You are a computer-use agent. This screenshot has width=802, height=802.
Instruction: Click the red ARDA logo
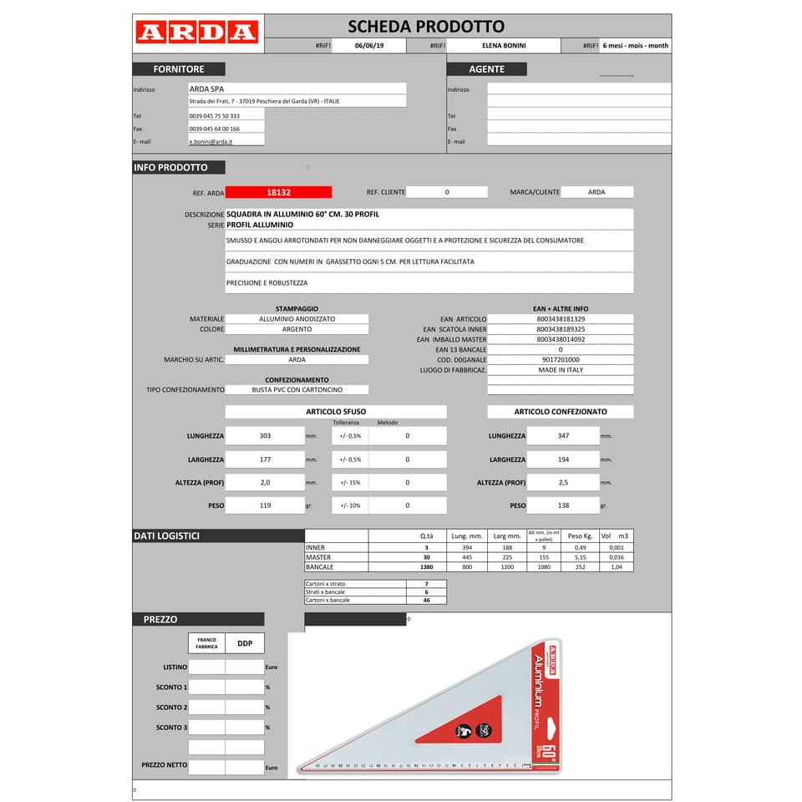(x=196, y=33)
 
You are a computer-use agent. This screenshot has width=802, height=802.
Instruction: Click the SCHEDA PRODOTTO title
(x=425, y=27)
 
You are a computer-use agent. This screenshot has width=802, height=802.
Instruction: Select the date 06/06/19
(x=368, y=46)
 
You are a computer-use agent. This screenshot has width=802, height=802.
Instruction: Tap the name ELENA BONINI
(x=504, y=46)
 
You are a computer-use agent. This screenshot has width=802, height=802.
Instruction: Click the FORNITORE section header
(x=178, y=69)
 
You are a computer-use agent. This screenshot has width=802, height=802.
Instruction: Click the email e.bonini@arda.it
(x=211, y=142)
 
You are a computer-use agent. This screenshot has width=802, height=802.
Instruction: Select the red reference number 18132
(x=278, y=192)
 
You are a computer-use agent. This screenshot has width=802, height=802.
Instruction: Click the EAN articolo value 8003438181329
(x=560, y=319)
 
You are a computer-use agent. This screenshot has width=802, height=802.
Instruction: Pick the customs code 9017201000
(x=560, y=359)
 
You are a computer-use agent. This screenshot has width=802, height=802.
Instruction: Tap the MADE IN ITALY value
(x=560, y=369)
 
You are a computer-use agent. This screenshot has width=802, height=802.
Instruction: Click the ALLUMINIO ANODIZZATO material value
(x=297, y=319)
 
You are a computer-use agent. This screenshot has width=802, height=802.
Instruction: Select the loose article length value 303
(x=265, y=436)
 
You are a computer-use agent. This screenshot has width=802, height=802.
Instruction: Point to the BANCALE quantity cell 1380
(x=426, y=567)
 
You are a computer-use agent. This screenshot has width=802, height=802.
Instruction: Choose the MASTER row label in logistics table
(x=318, y=557)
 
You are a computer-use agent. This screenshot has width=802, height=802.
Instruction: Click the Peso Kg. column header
(x=580, y=536)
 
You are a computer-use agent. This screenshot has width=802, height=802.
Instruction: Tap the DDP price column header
(x=245, y=643)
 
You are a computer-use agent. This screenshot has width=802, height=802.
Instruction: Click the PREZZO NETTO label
(x=164, y=765)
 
